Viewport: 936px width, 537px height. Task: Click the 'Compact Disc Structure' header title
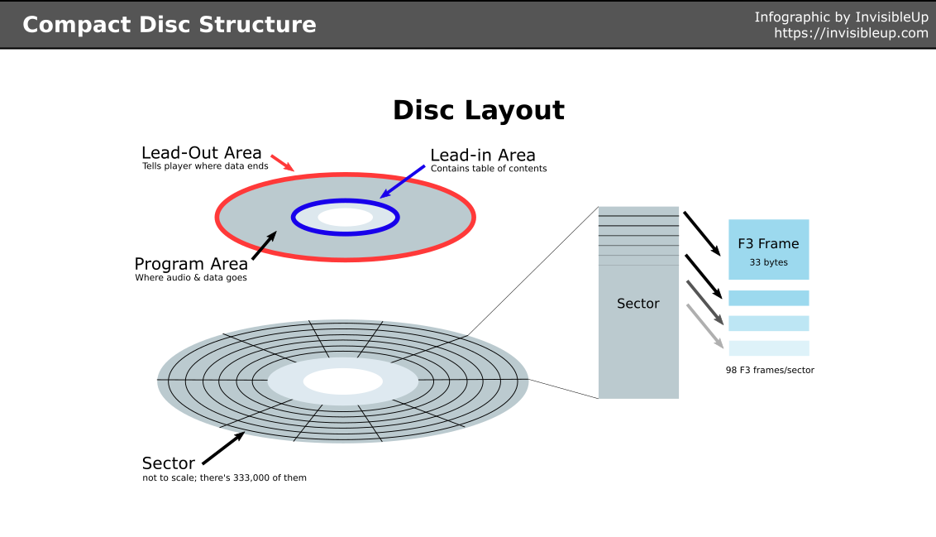(x=169, y=25)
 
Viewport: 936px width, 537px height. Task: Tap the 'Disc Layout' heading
(x=478, y=110)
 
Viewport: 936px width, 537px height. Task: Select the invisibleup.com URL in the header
(x=851, y=33)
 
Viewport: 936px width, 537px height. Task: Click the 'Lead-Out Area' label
(x=201, y=153)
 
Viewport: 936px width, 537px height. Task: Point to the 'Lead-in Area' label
(x=483, y=156)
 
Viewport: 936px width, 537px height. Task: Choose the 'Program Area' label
(x=191, y=264)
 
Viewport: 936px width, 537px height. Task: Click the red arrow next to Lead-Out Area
(x=282, y=162)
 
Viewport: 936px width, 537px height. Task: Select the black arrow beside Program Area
(x=264, y=246)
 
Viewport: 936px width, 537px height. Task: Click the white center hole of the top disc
(x=346, y=218)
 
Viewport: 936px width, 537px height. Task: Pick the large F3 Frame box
(x=768, y=249)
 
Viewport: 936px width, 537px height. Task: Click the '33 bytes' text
(x=768, y=262)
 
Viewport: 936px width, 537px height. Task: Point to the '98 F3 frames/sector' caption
(x=770, y=370)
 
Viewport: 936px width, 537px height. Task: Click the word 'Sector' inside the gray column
(x=638, y=304)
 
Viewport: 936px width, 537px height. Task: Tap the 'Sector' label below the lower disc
(x=169, y=463)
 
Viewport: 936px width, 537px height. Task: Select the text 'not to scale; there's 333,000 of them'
(x=224, y=477)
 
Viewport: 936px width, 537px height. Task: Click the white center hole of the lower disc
(x=342, y=381)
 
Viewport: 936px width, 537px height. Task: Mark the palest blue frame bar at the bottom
(x=768, y=348)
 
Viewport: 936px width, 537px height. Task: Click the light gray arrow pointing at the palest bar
(x=705, y=327)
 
